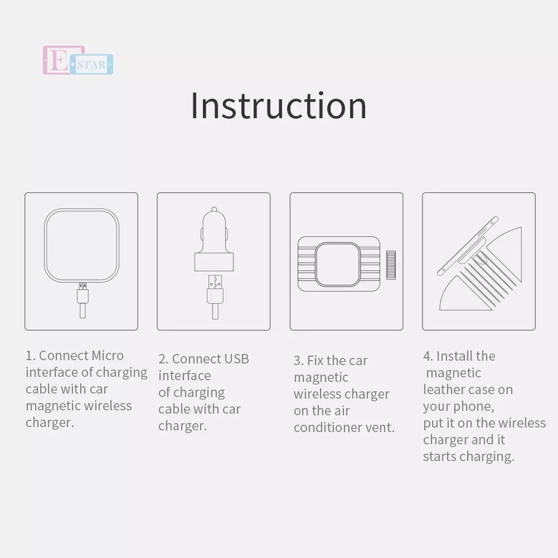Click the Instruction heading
coord(279,106)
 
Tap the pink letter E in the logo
coord(59,60)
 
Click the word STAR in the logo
coord(91,65)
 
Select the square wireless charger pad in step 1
coord(81,245)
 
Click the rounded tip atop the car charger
coord(214,209)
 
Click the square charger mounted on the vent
coord(337,264)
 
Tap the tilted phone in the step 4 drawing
coord(468,245)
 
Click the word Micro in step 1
coord(108,356)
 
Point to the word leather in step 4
coord(443,390)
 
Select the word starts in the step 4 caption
coord(439,457)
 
